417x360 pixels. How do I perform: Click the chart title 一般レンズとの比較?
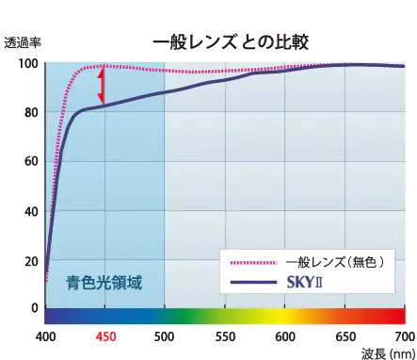[x=230, y=41]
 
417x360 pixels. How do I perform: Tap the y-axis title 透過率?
[x=22, y=42]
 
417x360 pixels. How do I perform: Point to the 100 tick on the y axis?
[x=28, y=64]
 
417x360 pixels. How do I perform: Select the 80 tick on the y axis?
[x=30, y=113]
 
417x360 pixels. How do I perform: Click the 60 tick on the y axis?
[x=30, y=162]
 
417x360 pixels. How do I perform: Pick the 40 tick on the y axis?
[x=30, y=211]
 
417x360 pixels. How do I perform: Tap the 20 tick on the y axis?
[x=30, y=260]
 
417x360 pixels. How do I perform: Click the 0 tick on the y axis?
[x=34, y=308]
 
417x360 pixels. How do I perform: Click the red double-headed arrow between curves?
[x=102, y=86]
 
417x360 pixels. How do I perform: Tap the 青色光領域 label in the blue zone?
[x=104, y=281]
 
